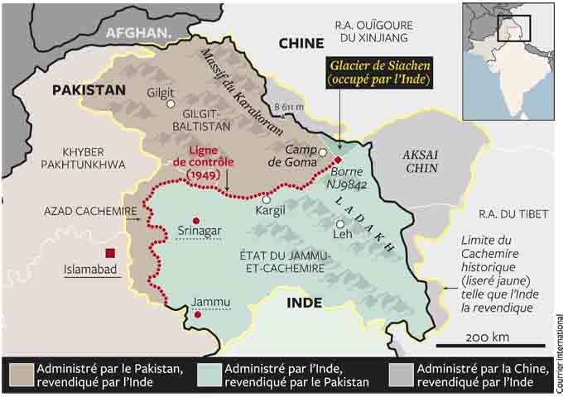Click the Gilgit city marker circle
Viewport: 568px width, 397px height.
tap(171, 104)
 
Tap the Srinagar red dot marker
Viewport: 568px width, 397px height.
tap(195, 219)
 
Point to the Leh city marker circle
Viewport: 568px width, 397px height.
tap(339, 224)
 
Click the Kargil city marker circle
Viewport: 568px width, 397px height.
tap(266, 199)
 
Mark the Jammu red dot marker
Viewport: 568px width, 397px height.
tap(196, 314)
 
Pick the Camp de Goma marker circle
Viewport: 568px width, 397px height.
tap(322, 152)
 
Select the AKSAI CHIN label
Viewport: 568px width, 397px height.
tap(425, 162)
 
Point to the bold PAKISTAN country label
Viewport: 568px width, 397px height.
tap(89, 89)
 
